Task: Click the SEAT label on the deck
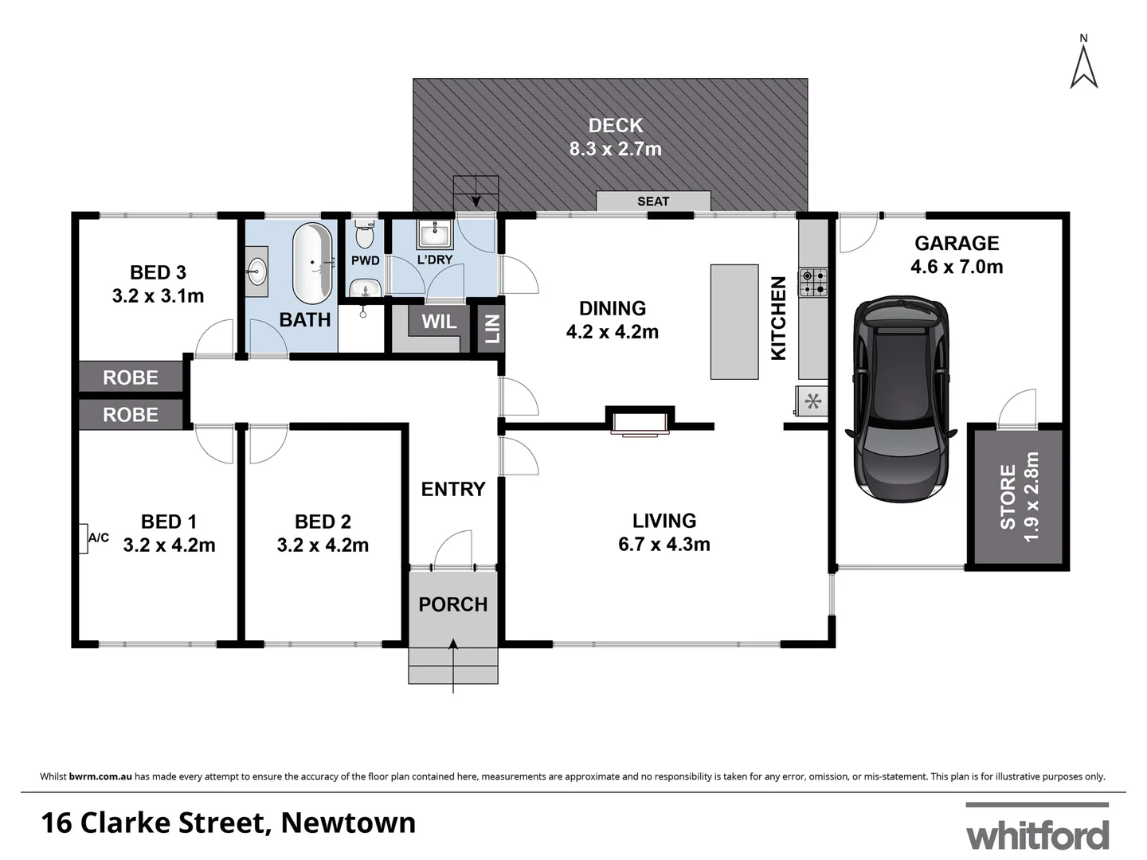pyautogui.click(x=653, y=201)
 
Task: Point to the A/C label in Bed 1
pyautogui.click(x=98, y=538)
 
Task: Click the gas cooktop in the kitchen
pyautogui.click(x=814, y=282)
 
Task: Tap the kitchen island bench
pyautogui.click(x=734, y=321)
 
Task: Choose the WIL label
pyautogui.click(x=439, y=322)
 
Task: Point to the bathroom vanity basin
pyautogui.click(x=256, y=272)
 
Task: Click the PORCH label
pyautogui.click(x=452, y=604)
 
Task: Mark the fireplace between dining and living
pyautogui.click(x=640, y=422)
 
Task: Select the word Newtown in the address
pyautogui.click(x=348, y=822)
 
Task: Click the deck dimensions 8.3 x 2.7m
pyautogui.click(x=615, y=149)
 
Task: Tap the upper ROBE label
pyautogui.click(x=131, y=377)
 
